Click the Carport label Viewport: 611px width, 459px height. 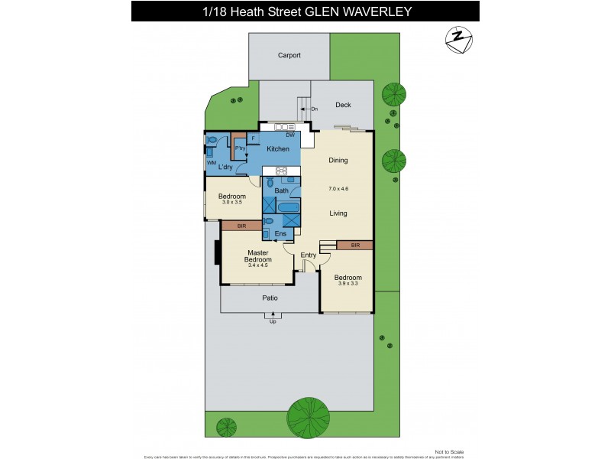(x=289, y=55)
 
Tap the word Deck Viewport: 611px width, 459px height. (x=343, y=105)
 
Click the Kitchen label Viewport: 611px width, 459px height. (x=277, y=148)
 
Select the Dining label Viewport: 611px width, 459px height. (x=338, y=161)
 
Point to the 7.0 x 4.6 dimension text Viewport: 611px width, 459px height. (x=338, y=187)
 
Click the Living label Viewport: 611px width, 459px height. (x=338, y=214)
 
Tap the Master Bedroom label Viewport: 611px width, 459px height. (x=258, y=256)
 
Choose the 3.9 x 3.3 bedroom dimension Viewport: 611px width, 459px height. (x=348, y=284)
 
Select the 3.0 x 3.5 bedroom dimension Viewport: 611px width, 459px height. (x=231, y=202)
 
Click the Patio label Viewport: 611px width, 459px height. (x=270, y=298)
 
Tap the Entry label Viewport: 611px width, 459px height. (x=309, y=255)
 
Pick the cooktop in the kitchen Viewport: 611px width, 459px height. (x=280, y=171)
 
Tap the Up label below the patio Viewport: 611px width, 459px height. (x=273, y=321)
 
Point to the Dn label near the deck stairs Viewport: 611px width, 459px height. (x=314, y=109)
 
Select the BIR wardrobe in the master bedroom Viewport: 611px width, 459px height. (x=241, y=226)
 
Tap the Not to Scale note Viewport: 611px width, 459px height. (x=448, y=451)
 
